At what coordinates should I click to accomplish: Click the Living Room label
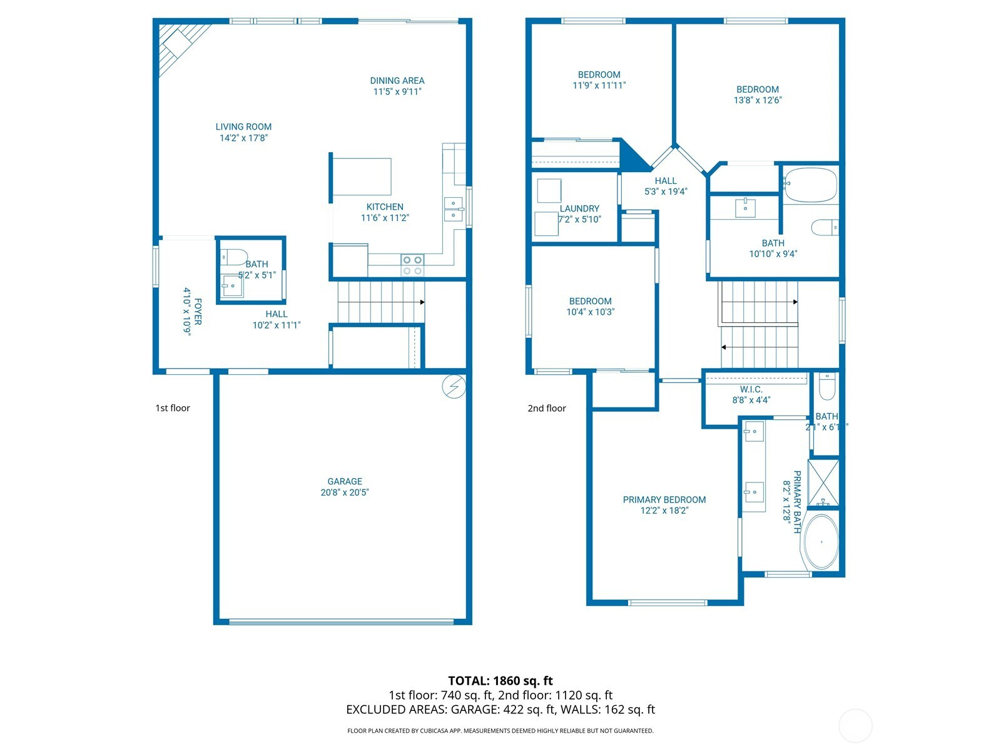pyautogui.click(x=243, y=127)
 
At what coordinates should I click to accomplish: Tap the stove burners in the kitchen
pyautogui.click(x=412, y=265)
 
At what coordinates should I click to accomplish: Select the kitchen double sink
pyautogui.click(x=454, y=209)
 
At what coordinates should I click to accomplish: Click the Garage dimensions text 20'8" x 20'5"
pyautogui.click(x=345, y=493)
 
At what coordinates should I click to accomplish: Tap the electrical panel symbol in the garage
pyautogui.click(x=454, y=387)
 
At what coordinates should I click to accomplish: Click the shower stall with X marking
pyautogui.click(x=823, y=483)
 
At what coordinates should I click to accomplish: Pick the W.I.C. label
pyautogui.click(x=751, y=389)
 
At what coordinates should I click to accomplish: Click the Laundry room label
pyautogui.click(x=579, y=208)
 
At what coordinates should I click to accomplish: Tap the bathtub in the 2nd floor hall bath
pyautogui.click(x=810, y=185)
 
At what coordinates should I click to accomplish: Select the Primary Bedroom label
pyautogui.click(x=664, y=499)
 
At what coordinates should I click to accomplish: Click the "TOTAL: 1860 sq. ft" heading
pyautogui.click(x=500, y=680)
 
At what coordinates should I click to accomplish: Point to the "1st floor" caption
pyautogui.click(x=173, y=408)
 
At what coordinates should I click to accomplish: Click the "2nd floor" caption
pyautogui.click(x=547, y=408)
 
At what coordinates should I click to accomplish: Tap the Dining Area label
pyautogui.click(x=397, y=81)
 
